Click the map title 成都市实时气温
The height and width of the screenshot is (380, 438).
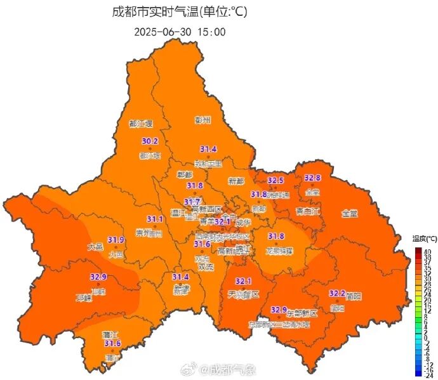click(152, 11)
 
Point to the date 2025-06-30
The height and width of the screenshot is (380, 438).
click(164, 32)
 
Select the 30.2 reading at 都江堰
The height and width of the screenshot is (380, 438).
click(150, 141)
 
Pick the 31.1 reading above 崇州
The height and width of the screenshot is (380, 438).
click(155, 219)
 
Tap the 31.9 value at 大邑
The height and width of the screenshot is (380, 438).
click(116, 240)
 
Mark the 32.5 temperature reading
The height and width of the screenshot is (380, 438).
click(275, 180)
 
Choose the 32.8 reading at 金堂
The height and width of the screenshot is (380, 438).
click(312, 178)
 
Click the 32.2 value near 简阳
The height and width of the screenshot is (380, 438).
click(337, 294)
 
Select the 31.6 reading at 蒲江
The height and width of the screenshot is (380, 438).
click(112, 344)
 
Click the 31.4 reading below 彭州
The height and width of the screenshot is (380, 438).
click(208, 149)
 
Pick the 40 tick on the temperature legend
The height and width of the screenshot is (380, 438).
click(427, 252)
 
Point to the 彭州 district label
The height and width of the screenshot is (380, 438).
click(202, 120)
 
